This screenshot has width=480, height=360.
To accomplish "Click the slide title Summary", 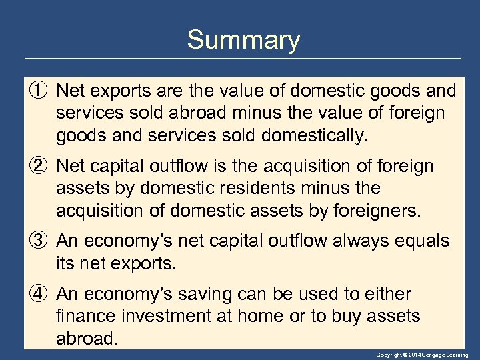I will coord(243,40).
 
